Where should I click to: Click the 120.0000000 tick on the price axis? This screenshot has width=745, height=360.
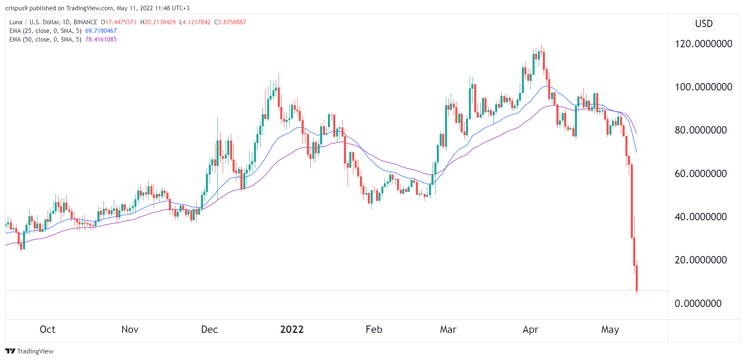(x=703, y=44)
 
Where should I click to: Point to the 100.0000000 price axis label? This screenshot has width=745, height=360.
(x=703, y=87)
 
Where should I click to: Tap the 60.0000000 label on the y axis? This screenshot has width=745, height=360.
(x=701, y=174)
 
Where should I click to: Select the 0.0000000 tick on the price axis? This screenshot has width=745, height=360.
(x=698, y=304)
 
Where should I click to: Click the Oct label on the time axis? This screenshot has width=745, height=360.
(x=47, y=330)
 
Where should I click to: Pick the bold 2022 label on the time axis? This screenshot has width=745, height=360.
(x=292, y=330)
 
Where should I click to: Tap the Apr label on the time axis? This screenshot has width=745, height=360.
(x=530, y=330)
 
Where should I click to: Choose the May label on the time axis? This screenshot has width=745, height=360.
(x=610, y=330)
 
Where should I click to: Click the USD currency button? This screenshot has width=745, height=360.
(x=703, y=24)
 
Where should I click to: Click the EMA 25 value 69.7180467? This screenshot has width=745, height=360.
(x=101, y=31)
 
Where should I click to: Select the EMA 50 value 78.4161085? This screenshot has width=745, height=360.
(x=101, y=39)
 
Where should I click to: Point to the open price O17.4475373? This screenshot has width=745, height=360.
(x=119, y=22)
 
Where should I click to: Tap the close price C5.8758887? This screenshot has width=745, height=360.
(x=230, y=22)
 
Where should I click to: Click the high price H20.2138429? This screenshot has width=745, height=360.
(x=158, y=22)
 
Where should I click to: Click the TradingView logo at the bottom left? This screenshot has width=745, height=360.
(x=30, y=351)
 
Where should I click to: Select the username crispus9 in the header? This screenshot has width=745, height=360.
(x=16, y=8)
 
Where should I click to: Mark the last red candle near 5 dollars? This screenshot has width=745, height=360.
(x=637, y=278)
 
